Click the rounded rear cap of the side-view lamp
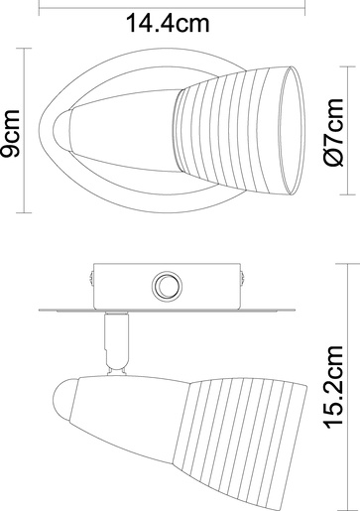pos(60,405)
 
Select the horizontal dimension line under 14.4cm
pos(165,39)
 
